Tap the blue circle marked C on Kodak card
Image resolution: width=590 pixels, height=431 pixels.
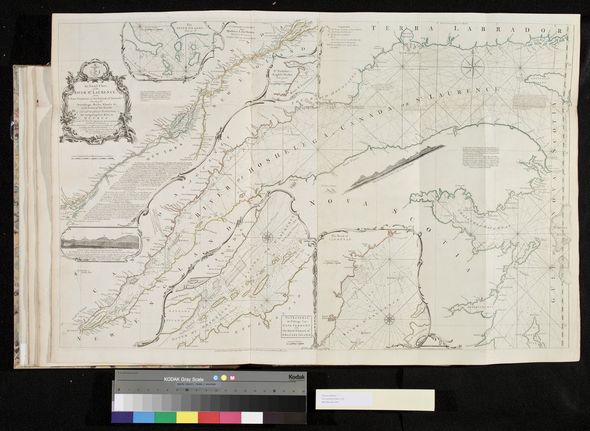pyautogui.click(x=216, y=379)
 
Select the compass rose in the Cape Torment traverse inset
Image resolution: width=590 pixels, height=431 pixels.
pyautogui.click(x=268, y=236)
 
